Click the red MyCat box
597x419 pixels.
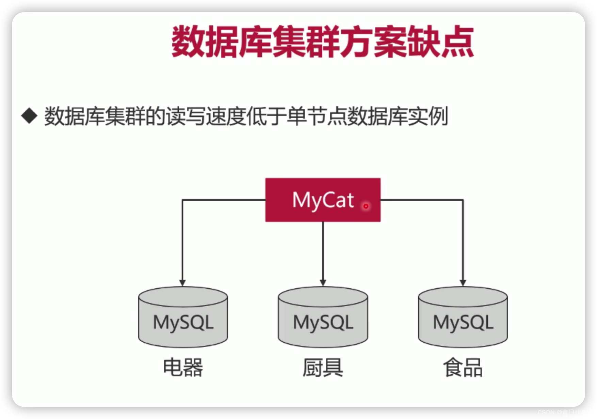tap(323, 200)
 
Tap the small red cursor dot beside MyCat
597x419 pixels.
tap(366, 206)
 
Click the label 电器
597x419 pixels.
tap(183, 368)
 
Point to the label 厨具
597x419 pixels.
tap(323, 368)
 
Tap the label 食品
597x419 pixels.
tap(463, 368)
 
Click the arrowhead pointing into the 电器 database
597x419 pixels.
tap(182, 283)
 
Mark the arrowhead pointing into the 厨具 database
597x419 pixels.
tap(323, 283)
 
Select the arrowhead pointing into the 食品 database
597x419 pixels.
tap(463, 283)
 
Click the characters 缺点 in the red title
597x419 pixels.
tap(440, 42)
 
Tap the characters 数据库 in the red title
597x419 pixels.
tap(222, 42)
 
